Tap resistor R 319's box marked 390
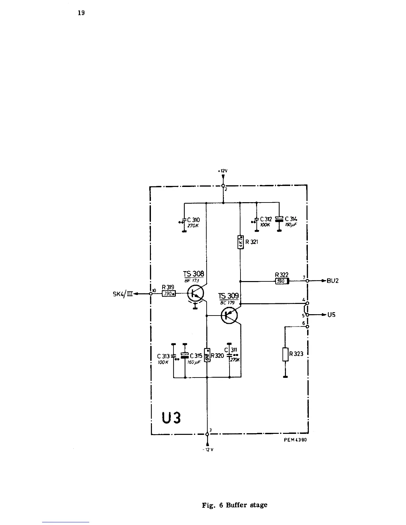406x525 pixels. (x=169, y=293)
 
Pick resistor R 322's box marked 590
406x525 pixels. (x=282, y=281)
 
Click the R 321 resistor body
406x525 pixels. (x=241, y=242)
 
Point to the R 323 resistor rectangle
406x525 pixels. (x=285, y=354)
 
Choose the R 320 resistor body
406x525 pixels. (x=207, y=355)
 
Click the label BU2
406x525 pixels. (x=332, y=281)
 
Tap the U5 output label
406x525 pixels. (x=331, y=315)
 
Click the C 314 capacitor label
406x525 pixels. (x=291, y=219)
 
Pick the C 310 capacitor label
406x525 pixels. (x=194, y=219)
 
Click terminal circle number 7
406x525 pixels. (x=307, y=281)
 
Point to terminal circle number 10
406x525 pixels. (x=151, y=294)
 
